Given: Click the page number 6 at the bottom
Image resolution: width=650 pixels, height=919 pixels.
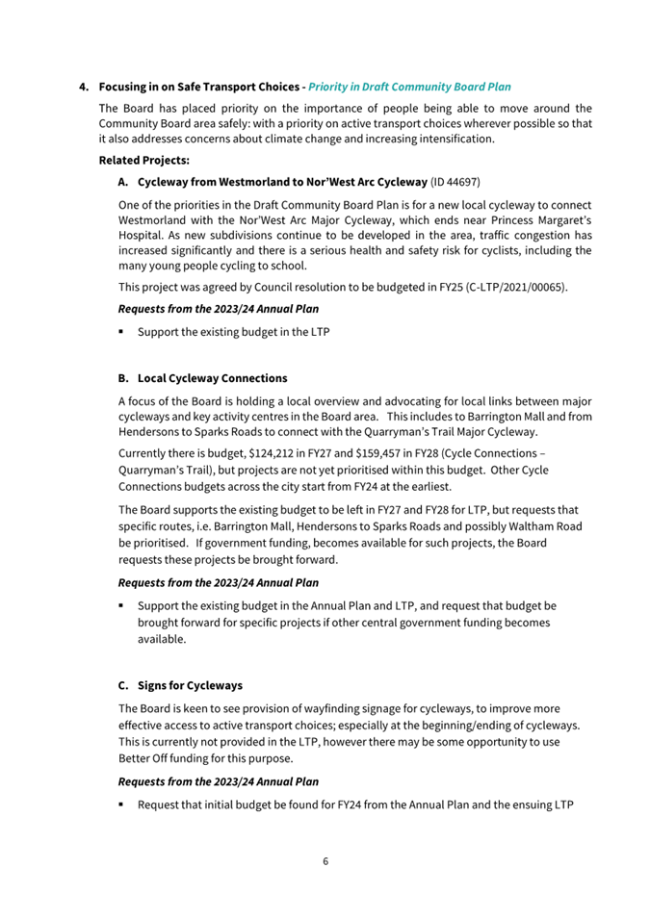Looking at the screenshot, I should pos(325,860).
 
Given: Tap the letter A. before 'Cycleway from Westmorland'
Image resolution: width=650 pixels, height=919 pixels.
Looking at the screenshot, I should pos(124,181).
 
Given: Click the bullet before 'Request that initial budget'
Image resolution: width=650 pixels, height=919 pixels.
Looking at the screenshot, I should pos(122,804).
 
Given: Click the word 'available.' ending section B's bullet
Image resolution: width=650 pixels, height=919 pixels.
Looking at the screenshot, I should pos(163,639).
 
